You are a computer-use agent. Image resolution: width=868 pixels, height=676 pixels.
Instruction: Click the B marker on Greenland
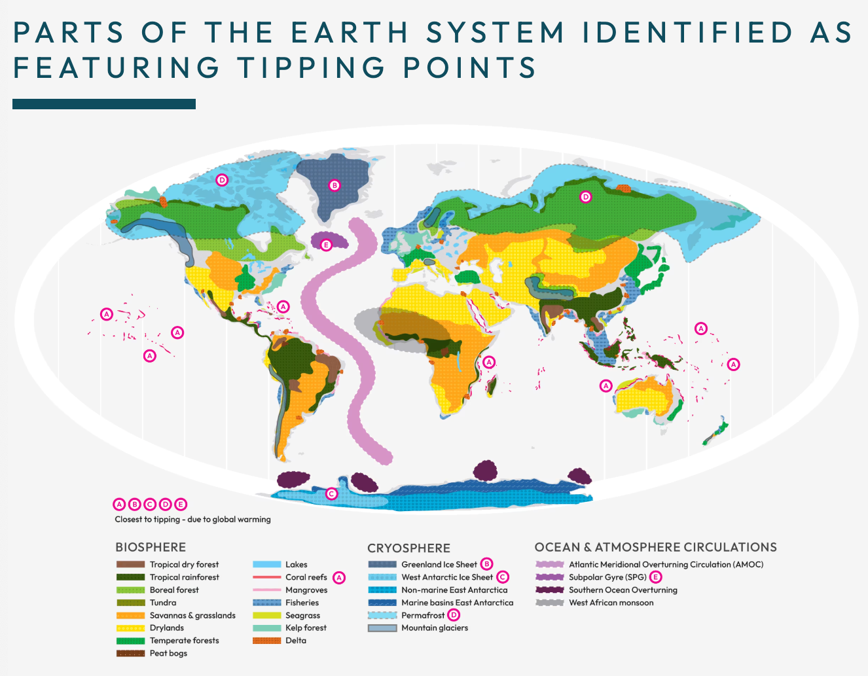(335, 185)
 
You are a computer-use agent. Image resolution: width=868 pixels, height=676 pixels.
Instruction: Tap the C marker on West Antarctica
(332, 493)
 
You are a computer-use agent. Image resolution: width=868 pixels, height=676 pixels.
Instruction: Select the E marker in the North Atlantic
(326, 245)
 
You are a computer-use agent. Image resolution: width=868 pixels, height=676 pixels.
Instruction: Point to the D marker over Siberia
(586, 196)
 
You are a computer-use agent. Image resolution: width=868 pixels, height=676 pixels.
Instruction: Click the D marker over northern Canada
(222, 180)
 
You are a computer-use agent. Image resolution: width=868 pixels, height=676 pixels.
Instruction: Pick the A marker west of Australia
(606, 385)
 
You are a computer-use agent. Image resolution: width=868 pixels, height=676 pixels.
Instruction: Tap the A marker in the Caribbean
(283, 306)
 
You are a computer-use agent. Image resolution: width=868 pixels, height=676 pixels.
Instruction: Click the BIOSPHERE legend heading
(151, 547)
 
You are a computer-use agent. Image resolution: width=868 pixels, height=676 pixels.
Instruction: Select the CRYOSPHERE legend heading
(408, 548)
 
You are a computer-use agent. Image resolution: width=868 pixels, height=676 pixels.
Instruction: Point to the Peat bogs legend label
(168, 653)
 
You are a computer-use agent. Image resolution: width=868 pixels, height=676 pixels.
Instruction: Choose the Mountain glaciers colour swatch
(382, 628)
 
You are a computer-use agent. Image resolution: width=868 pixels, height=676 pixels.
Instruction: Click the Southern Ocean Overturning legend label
(623, 590)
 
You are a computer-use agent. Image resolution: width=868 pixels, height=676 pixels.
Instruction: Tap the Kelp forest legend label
(306, 628)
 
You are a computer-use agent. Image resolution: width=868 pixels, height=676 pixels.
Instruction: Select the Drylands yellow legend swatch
(130, 628)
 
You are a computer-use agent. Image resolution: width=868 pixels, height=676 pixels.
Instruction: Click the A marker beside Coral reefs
(338, 577)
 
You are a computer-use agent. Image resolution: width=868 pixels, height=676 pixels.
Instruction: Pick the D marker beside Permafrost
(454, 615)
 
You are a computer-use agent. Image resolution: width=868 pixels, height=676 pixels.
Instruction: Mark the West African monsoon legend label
(611, 603)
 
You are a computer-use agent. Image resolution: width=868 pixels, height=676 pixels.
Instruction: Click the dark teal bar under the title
(104, 104)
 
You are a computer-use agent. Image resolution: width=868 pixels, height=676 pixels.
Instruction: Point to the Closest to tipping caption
(192, 520)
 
